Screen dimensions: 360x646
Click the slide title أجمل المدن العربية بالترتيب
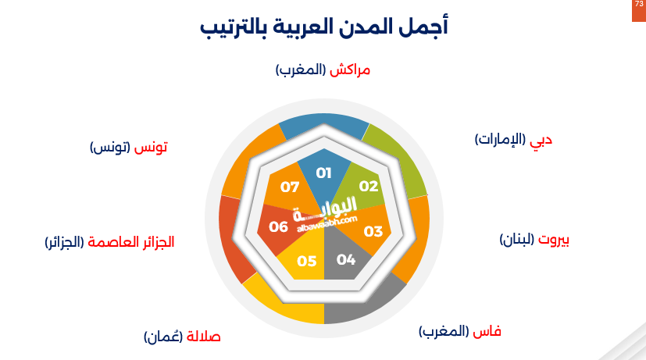point(323,29)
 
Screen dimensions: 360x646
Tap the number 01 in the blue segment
point(323,173)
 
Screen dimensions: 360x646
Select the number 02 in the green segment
point(368,186)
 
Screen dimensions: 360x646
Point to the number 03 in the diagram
point(373,231)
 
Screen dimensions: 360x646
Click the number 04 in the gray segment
point(346,260)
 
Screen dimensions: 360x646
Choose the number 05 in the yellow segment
point(307,261)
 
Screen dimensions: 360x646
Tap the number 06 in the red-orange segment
point(279,227)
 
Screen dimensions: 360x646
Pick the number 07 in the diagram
point(290,187)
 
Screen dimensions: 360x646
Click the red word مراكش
point(350,70)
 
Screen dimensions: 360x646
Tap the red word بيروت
point(555,240)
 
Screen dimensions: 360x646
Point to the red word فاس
point(487,332)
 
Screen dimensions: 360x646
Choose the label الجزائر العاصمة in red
point(130,242)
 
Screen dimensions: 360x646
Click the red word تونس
point(152,147)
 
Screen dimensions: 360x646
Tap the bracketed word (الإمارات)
point(500,140)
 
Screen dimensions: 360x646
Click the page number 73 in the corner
point(638,5)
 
